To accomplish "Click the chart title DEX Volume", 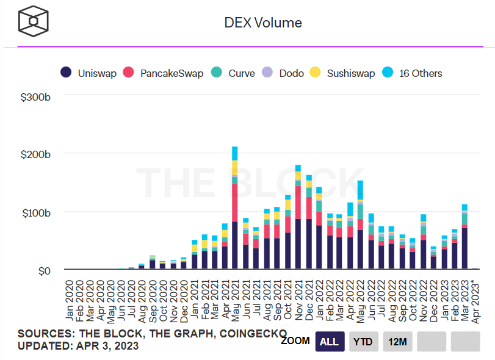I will click(x=263, y=23).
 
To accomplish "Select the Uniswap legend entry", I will click(x=89, y=73).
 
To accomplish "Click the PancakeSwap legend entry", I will click(x=164, y=73).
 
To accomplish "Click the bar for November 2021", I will click(x=298, y=220).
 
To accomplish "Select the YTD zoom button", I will click(x=364, y=342).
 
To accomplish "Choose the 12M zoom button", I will click(x=397, y=342).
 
